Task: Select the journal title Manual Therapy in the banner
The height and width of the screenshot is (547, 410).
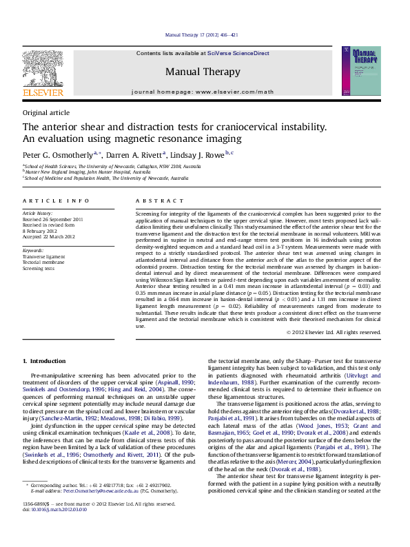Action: click(203, 72)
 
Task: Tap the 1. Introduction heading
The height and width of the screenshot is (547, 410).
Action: click(44, 361)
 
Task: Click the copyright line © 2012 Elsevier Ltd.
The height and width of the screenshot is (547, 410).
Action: click(333, 332)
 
